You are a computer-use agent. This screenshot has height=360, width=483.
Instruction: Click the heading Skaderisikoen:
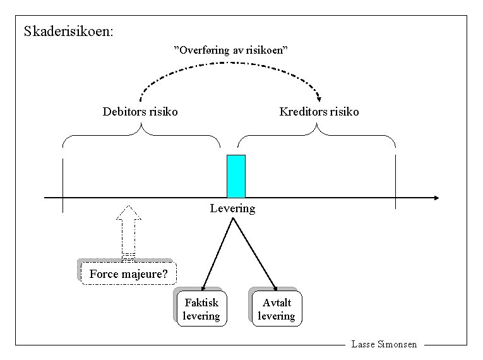68,31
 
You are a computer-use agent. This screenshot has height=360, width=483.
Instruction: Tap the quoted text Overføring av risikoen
230,50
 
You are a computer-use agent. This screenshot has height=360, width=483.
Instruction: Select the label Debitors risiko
140,112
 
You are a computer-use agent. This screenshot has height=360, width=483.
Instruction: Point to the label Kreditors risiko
319,112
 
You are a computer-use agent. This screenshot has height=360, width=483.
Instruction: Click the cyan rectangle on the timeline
236,176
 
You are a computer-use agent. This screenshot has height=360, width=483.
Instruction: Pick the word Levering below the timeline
232,208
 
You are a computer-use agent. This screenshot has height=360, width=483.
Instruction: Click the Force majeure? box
129,274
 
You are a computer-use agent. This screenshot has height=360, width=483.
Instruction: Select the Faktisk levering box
201,309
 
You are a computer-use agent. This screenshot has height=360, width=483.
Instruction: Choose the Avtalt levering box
277,309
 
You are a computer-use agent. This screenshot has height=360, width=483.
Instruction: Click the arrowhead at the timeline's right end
435,198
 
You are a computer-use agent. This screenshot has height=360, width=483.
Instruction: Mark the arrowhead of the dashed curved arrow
319,98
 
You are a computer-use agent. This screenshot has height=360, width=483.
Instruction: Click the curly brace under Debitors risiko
141,135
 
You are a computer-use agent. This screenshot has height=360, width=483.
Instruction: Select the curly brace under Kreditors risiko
316,135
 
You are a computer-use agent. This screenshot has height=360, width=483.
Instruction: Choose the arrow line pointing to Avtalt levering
254,253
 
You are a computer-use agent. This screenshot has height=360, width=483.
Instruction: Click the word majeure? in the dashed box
146,274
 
